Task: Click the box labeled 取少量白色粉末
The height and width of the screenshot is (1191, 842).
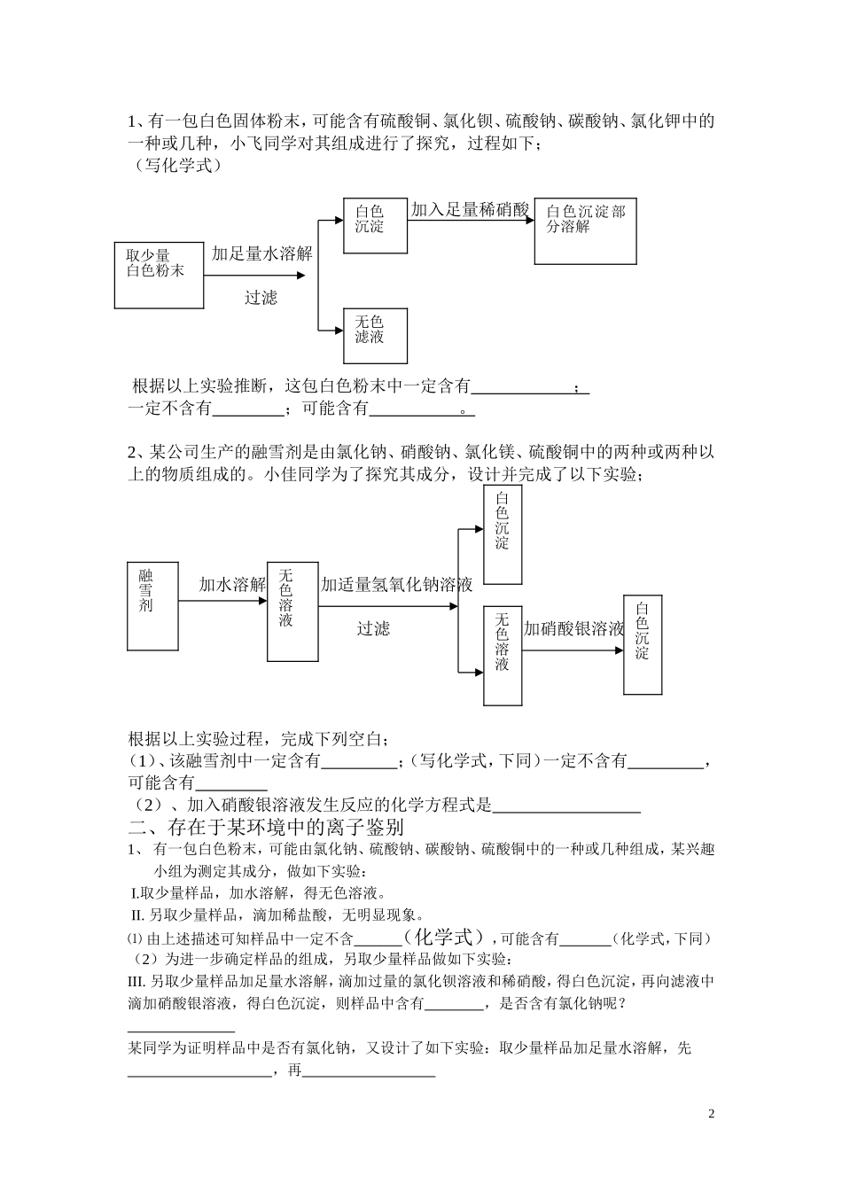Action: pyautogui.click(x=159, y=274)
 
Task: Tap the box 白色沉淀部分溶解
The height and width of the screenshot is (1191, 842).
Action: pyautogui.click(x=585, y=230)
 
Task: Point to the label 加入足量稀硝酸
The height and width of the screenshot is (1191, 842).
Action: pyautogui.click(x=470, y=209)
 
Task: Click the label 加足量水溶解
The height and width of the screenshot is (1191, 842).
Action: pyautogui.click(x=261, y=253)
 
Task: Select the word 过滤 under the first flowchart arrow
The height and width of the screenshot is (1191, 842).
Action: pyautogui.click(x=261, y=298)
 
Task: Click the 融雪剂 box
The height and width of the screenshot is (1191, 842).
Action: pyautogui.click(x=153, y=605)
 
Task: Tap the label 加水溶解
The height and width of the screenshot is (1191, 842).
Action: pyautogui.click(x=232, y=584)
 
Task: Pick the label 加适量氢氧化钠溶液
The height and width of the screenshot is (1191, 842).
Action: pyautogui.click(x=396, y=584)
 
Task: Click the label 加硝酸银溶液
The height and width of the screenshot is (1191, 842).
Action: pyautogui.click(x=573, y=628)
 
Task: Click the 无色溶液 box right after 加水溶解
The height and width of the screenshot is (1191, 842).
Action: pyautogui.click(x=292, y=611)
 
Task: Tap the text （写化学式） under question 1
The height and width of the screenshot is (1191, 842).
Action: pyautogui.click(x=174, y=165)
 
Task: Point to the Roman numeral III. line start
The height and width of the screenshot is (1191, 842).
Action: pyautogui.click(x=137, y=981)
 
